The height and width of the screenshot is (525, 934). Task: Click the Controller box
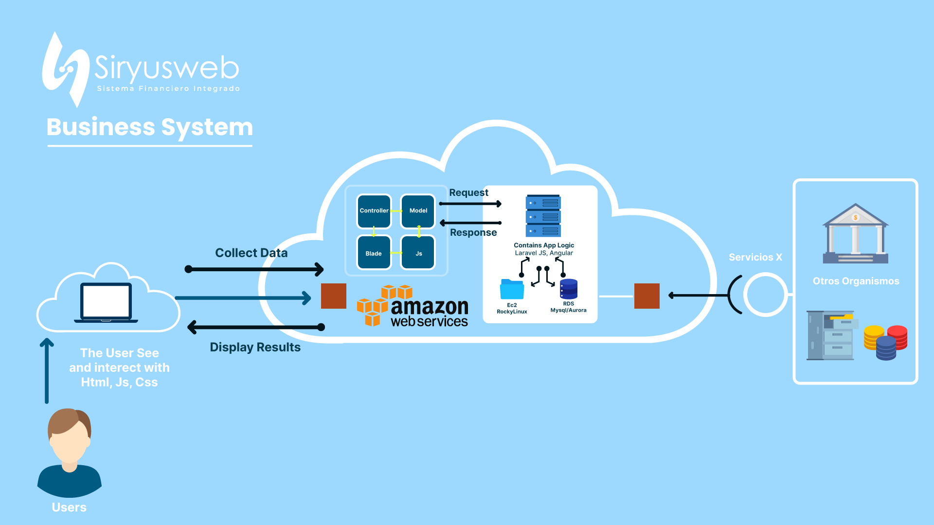[x=374, y=211]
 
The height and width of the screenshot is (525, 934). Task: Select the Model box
[x=418, y=211]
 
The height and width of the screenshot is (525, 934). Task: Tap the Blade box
[x=374, y=253]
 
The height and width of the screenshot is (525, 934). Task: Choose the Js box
[x=418, y=253]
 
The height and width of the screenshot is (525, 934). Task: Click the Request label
[x=468, y=192]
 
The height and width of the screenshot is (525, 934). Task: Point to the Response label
[x=473, y=232]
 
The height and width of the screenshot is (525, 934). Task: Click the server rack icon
[x=543, y=216]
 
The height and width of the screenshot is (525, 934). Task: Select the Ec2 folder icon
[x=512, y=289]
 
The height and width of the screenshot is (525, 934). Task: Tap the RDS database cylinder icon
[x=568, y=289]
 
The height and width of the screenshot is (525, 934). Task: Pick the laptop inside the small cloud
[x=106, y=302]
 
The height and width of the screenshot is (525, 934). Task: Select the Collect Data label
[x=251, y=253]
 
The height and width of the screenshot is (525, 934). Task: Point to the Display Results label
[x=255, y=347]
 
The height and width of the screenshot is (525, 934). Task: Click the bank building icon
[x=855, y=234]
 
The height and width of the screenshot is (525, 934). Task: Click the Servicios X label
[x=755, y=257]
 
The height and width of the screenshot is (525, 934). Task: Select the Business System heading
[x=150, y=127]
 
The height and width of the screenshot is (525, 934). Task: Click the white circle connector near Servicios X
[x=766, y=295]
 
